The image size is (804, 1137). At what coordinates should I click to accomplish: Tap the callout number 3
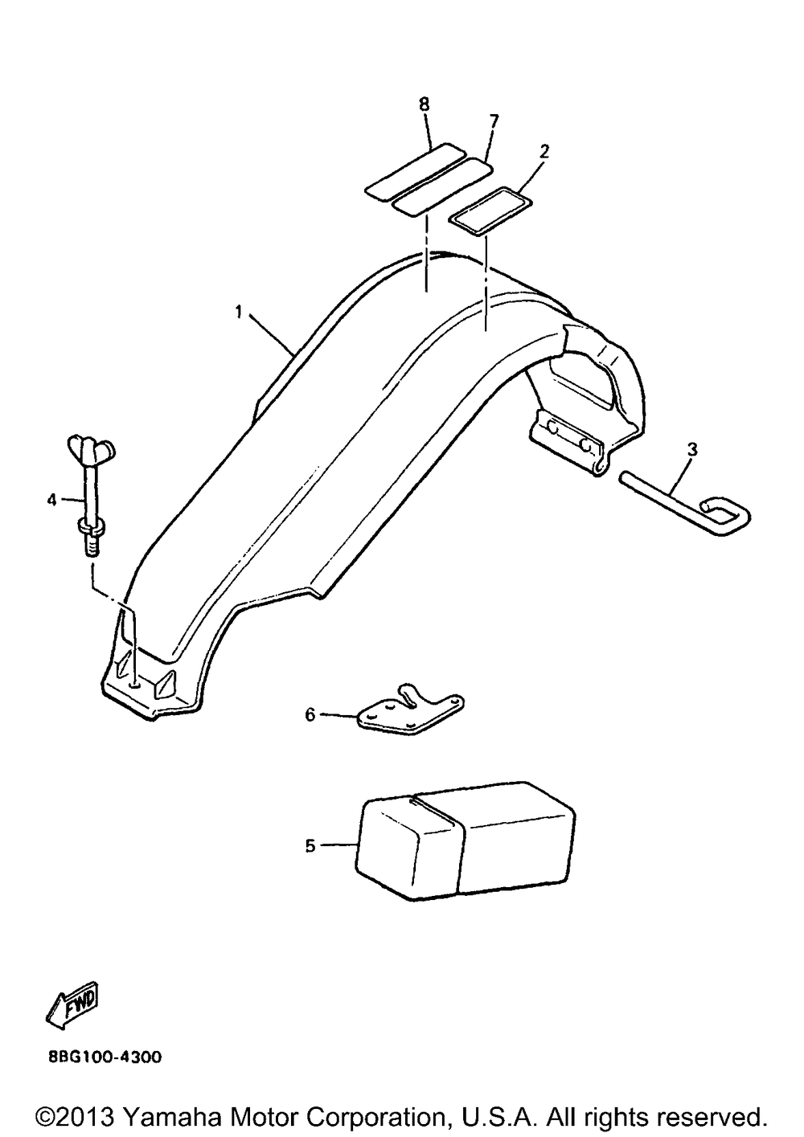[691, 449]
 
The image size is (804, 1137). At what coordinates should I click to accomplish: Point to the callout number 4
[52, 500]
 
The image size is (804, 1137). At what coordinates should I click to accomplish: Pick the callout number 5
[310, 845]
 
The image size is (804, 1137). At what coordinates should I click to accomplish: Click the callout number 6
[310, 714]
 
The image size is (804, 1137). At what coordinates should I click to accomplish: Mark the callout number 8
[425, 104]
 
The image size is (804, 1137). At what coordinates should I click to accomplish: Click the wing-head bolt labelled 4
[88, 490]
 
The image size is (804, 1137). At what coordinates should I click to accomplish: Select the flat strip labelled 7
[441, 187]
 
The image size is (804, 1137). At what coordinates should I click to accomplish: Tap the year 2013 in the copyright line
[88, 1117]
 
